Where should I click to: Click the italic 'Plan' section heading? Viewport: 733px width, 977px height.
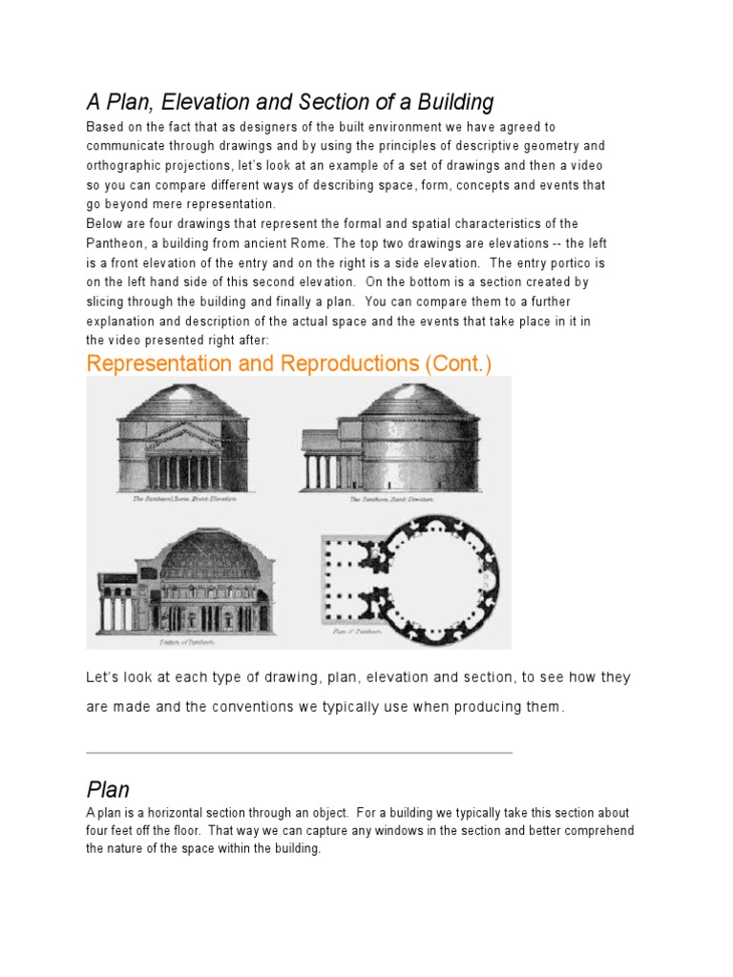[x=108, y=790]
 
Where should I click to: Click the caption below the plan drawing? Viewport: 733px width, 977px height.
[x=357, y=632]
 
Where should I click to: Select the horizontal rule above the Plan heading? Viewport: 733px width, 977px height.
[x=299, y=753]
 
